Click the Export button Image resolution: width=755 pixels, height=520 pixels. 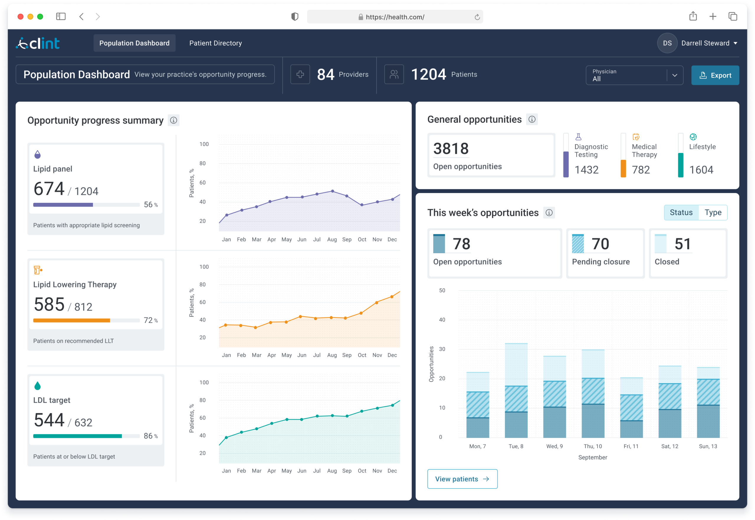click(715, 75)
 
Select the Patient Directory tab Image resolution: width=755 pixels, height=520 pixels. click(216, 43)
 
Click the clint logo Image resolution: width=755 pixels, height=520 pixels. click(38, 43)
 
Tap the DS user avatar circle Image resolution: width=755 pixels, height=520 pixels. click(667, 43)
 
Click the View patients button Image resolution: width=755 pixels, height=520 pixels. click(462, 479)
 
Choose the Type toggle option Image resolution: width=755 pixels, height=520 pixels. click(713, 213)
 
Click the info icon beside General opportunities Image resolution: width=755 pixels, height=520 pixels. click(532, 120)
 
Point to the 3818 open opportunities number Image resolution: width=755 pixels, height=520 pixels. click(451, 149)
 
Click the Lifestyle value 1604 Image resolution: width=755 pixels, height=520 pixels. click(701, 170)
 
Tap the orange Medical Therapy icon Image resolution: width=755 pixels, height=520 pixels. click(636, 137)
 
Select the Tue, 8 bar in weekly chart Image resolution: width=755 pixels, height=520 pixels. click(516, 391)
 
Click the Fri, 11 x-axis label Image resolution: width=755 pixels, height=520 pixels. click(631, 446)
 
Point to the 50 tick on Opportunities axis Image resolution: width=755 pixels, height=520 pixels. click(442, 290)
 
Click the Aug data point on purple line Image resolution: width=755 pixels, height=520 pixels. click(332, 191)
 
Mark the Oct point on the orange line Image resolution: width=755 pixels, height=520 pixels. click(361, 313)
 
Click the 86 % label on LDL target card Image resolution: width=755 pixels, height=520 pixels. click(151, 436)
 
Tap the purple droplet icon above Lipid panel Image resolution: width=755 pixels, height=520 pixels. click(37, 154)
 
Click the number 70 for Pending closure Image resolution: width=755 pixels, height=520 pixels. click(600, 244)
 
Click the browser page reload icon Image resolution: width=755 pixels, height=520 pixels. click(477, 17)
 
